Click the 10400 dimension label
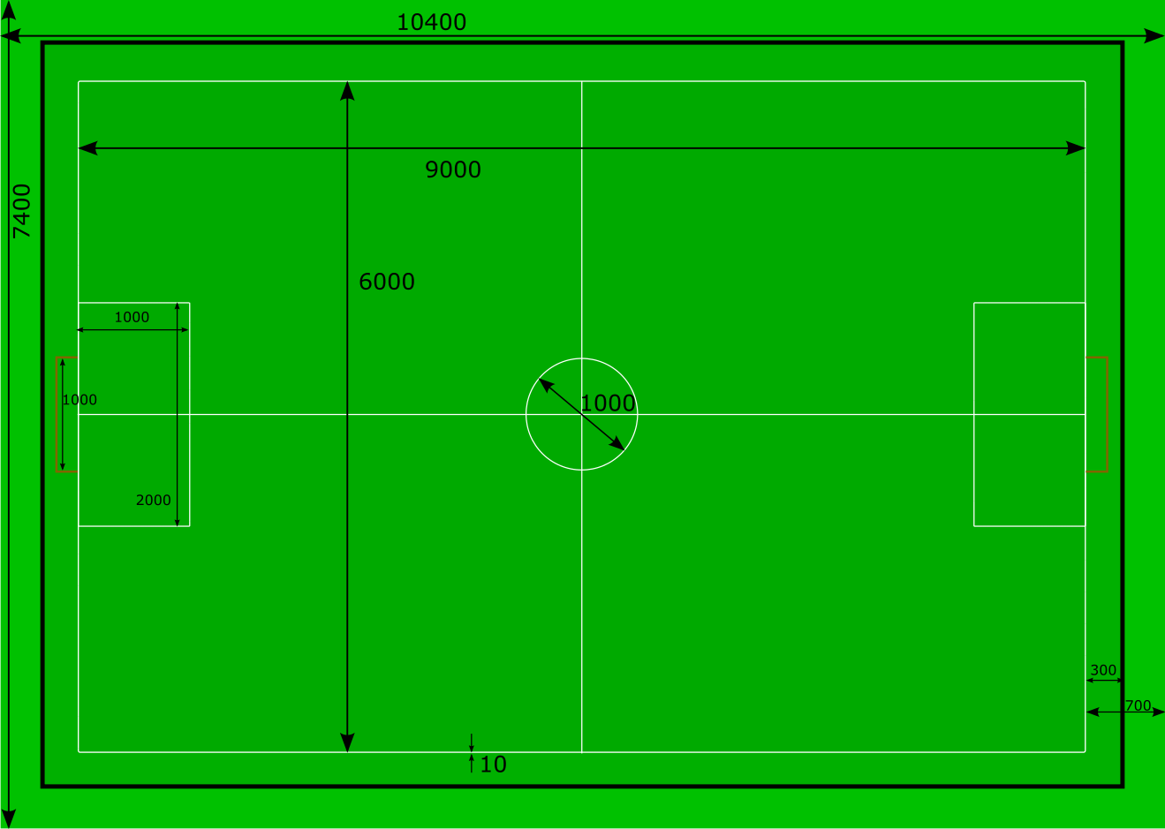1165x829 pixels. (x=431, y=22)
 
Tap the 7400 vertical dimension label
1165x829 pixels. (x=21, y=211)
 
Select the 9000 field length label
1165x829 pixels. (x=453, y=170)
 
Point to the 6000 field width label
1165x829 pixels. (x=387, y=282)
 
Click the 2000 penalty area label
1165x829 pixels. (x=153, y=500)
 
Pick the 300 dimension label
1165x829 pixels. (x=1103, y=670)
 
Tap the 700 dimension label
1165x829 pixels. (x=1138, y=705)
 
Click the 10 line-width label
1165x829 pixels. (x=493, y=765)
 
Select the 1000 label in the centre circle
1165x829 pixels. (x=608, y=403)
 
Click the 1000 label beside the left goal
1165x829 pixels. (x=79, y=400)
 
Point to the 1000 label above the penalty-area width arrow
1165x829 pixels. (x=132, y=317)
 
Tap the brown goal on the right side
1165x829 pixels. (x=1097, y=414)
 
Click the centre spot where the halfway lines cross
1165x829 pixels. (x=582, y=414)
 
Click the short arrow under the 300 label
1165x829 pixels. (x=1103, y=681)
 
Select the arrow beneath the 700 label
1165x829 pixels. (x=1125, y=712)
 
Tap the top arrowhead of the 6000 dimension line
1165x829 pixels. (x=347, y=90)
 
